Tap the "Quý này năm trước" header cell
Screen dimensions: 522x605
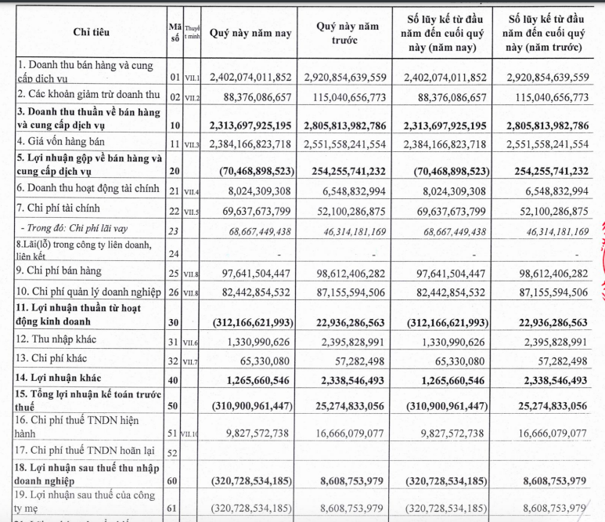coord(347,33)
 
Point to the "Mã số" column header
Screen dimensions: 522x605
coord(175,33)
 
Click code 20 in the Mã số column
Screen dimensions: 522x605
coord(175,169)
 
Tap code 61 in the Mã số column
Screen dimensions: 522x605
coord(175,507)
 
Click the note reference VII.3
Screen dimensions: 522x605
coord(192,144)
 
